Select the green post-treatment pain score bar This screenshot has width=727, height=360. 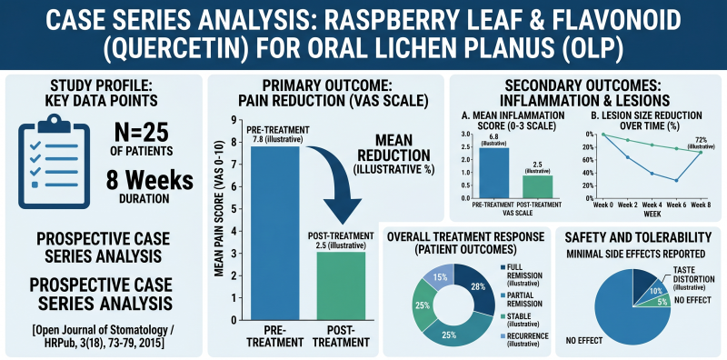pos(341,286)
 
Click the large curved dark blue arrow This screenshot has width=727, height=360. pos(337,185)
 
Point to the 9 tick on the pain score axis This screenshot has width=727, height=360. pos(234,120)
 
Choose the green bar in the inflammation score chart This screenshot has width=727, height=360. pos(539,187)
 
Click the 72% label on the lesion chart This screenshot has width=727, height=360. pos(701,140)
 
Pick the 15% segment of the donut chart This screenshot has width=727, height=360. pos(437,277)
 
